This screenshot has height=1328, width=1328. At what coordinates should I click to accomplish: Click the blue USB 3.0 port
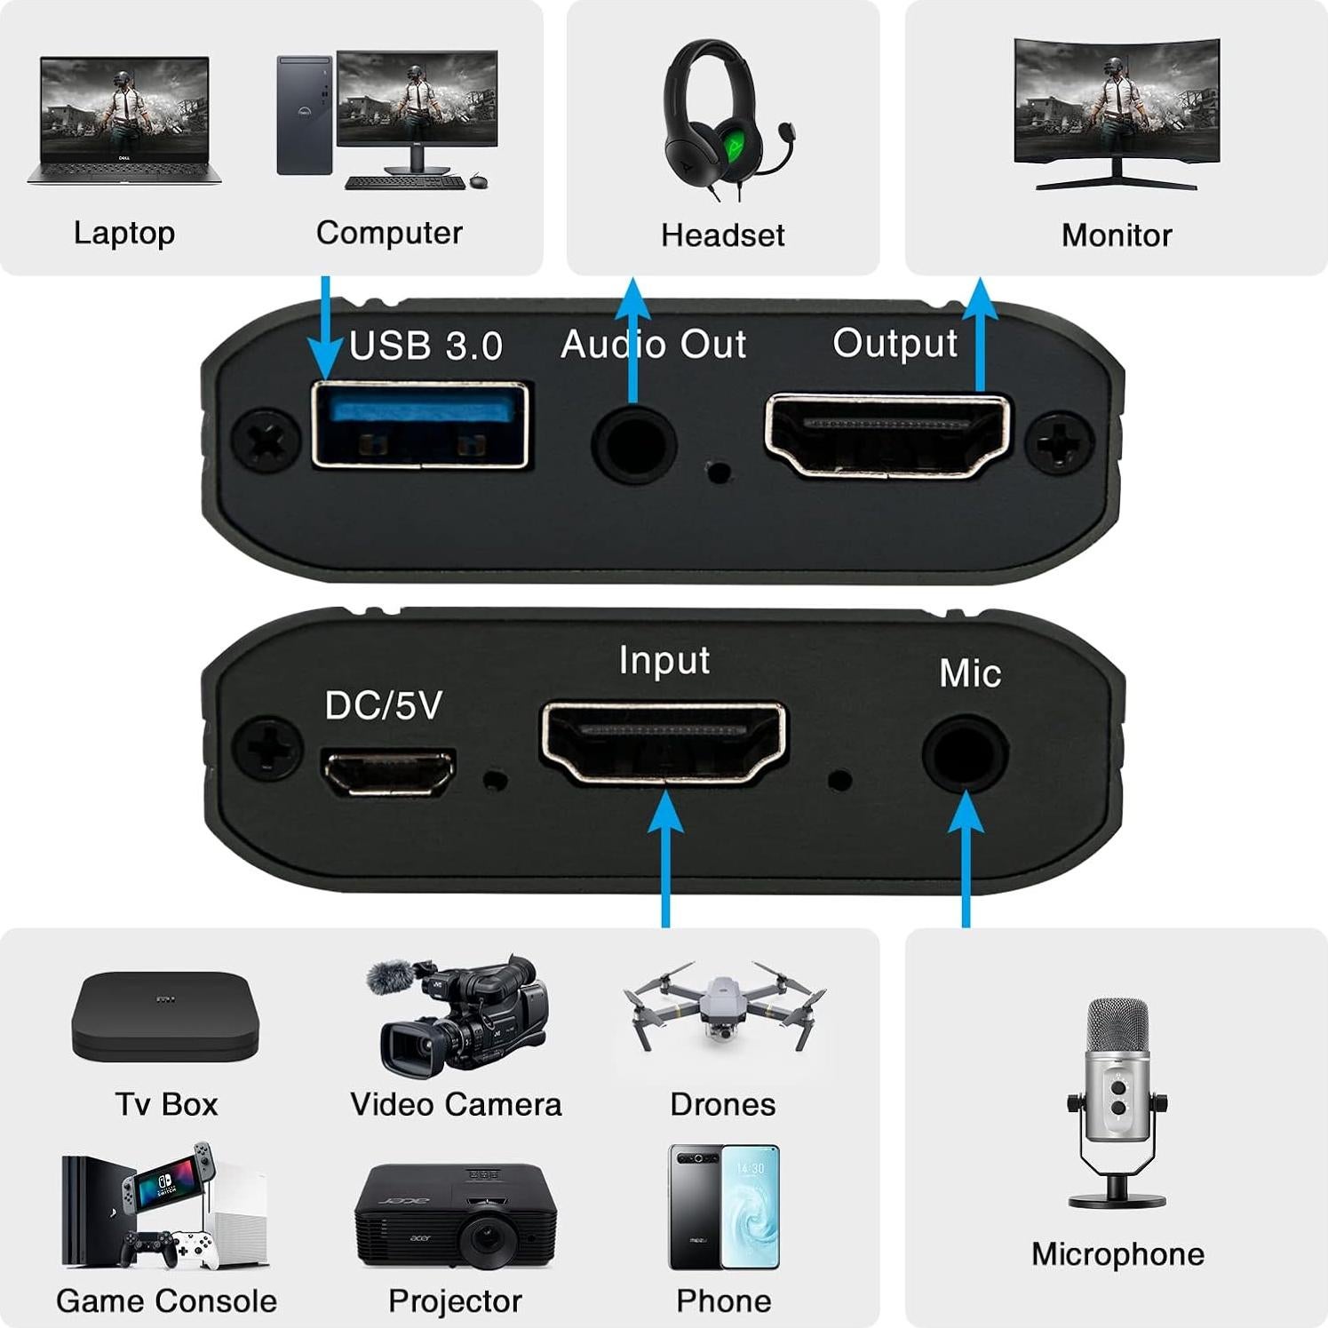(x=421, y=424)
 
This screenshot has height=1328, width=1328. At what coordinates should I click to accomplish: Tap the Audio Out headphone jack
(x=633, y=441)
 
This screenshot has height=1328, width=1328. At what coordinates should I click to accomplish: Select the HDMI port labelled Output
(x=887, y=435)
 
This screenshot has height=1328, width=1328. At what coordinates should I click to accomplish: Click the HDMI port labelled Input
(x=664, y=743)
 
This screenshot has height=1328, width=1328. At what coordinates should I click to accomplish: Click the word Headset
(x=722, y=235)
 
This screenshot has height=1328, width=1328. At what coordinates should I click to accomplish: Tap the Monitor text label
(x=1117, y=235)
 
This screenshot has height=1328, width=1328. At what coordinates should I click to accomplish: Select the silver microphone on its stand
(x=1117, y=1101)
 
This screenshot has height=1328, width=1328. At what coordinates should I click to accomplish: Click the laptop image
(x=124, y=121)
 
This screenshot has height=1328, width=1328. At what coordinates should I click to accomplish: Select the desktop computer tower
(x=304, y=115)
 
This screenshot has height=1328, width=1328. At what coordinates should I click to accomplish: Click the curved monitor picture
(x=1117, y=112)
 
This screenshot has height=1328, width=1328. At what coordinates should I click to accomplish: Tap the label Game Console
(x=166, y=1300)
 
